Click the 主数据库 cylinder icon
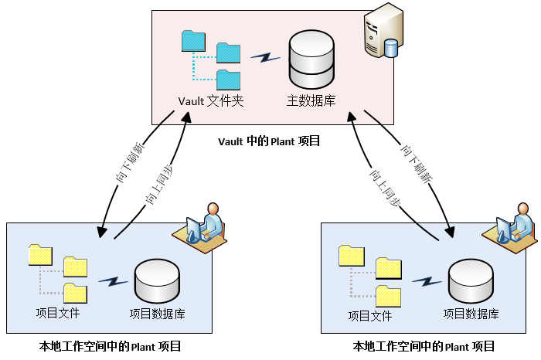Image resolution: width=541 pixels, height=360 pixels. (311, 59)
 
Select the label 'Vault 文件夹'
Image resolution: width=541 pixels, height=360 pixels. (211, 100)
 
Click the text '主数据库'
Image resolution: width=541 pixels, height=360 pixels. (311, 100)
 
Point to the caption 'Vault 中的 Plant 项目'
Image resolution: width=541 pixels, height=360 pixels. (268, 141)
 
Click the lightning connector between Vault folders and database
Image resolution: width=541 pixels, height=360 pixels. (264, 58)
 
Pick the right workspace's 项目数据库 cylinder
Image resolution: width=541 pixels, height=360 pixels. (471, 281)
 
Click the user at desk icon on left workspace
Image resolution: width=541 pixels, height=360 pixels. (205, 226)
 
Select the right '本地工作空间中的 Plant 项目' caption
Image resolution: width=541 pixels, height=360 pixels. (424, 346)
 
